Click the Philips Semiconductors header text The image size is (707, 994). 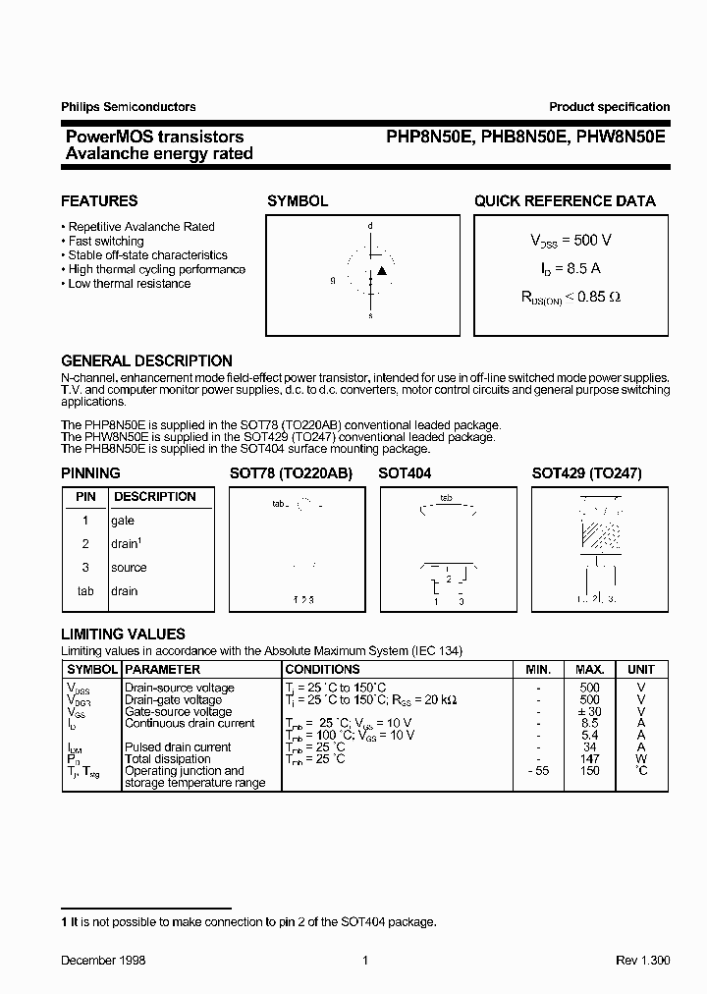[129, 107]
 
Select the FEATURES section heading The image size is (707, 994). [99, 200]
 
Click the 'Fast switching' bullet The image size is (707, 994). [105, 241]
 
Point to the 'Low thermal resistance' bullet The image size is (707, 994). [129, 284]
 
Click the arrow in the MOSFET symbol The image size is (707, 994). [382, 270]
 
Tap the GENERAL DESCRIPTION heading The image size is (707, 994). [146, 360]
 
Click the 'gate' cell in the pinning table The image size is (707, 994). [123, 521]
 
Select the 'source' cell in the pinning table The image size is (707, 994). [129, 568]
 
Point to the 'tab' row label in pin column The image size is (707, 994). [85, 591]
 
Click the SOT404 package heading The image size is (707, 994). [405, 472]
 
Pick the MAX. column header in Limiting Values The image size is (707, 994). [589, 669]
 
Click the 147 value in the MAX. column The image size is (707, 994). [589, 759]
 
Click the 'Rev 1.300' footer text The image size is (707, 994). [643, 960]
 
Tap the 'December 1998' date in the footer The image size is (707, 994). [103, 960]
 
